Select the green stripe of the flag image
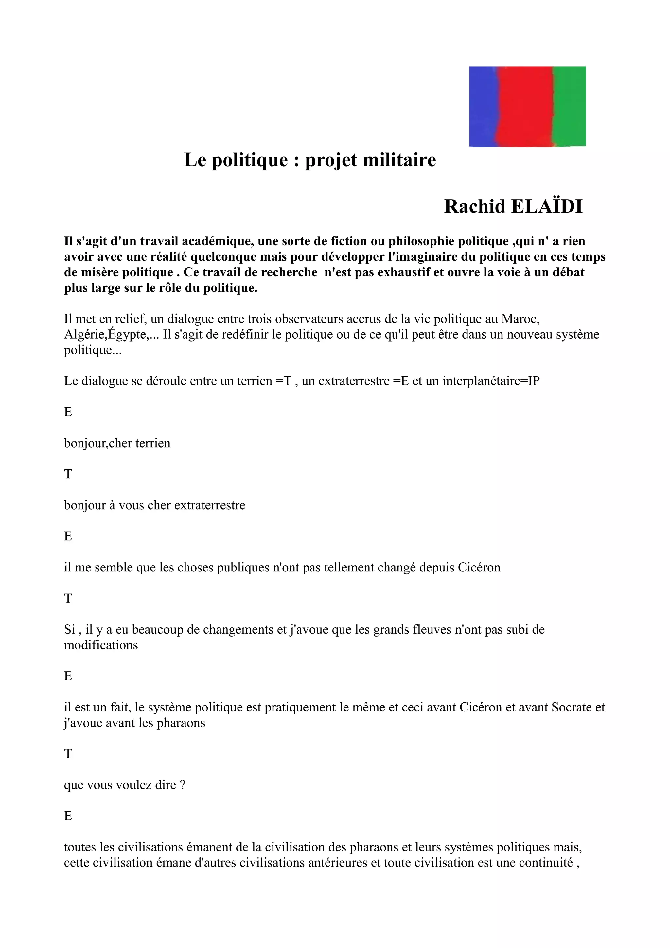pyautogui.click(x=569, y=107)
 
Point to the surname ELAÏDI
pyautogui.click(x=547, y=206)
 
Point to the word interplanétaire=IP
pyautogui.click(x=491, y=381)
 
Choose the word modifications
pyautogui.click(x=101, y=645)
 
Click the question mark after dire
pyautogui.click(x=183, y=785)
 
